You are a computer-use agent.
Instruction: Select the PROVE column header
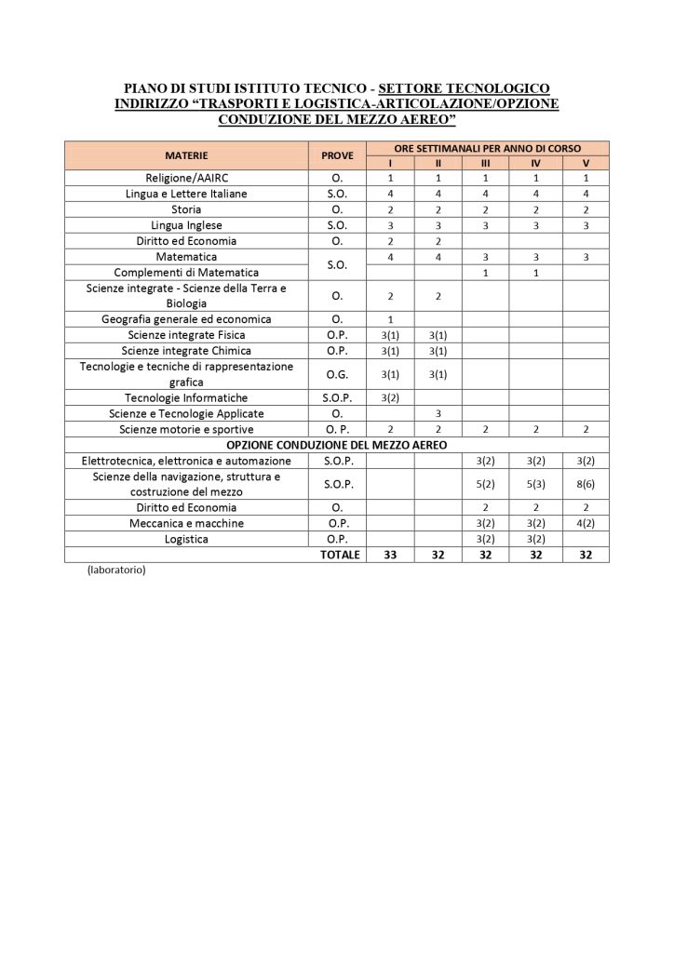pyautogui.click(x=338, y=154)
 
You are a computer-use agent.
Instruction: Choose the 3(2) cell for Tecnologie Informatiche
pyautogui.click(x=390, y=397)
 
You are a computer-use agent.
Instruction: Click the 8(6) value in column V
pyautogui.click(x=586, y=484)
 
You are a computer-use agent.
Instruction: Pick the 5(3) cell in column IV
pyautogui.click(x=535, y=484)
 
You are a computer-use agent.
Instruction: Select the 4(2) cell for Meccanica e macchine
pyautogui.click(x=586, y=523)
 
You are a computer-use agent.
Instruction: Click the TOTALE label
pyautogui.click(x=339, y=555)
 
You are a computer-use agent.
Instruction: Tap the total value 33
pyautogui.click(x=390, y=555)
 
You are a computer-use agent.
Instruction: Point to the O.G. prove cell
pyautogui.click(x=338, y=374)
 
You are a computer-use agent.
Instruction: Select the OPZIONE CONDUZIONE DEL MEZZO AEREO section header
pyautogui.click(x=336, y=445)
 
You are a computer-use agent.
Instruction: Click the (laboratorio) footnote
pyautogui.click(x=117, y=570)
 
